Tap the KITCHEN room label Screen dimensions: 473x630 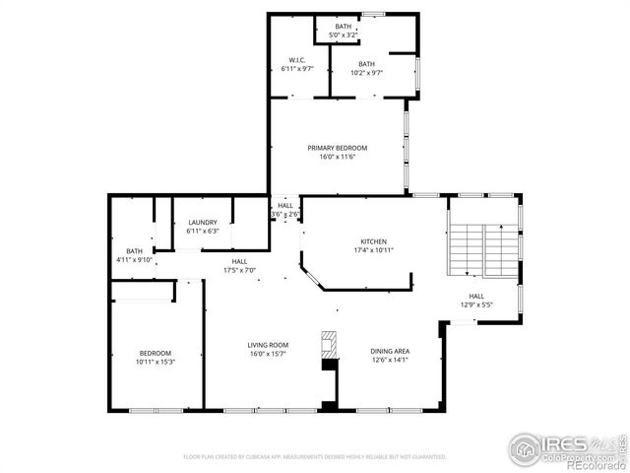pos(373,241)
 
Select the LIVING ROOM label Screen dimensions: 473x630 pos(267,345)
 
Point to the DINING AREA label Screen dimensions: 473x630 pos(390,352)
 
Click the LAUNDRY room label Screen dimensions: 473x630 pos(202,223)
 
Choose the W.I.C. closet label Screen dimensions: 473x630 pos(295,59)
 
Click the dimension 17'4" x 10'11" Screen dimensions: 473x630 pos(373,250)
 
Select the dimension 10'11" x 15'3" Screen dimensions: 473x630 pos(155,362)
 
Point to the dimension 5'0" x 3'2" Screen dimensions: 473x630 pos(343,34)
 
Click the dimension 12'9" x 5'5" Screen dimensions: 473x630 pos(476,304)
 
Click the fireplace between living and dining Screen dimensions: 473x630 pos(329,347)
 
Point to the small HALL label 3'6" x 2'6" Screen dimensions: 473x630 pos(284,205)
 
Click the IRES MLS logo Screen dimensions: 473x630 pos(551,446)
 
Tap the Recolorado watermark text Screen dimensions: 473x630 pos(595,465)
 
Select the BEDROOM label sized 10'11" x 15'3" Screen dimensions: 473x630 pos(155,353)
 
